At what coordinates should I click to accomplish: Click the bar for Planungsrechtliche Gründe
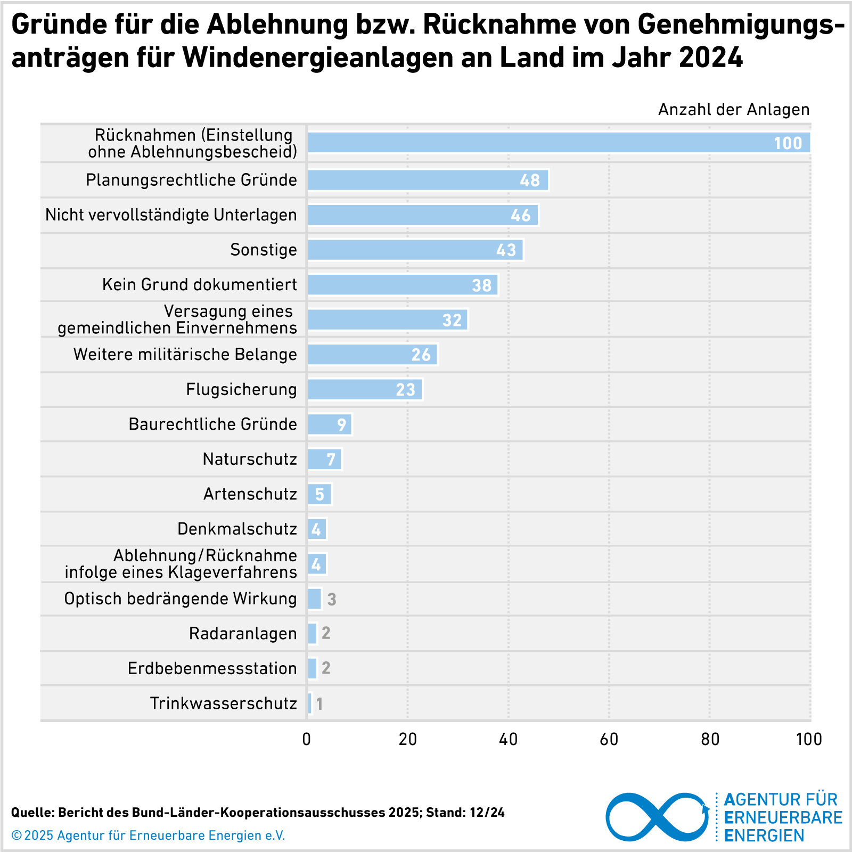[428, 180]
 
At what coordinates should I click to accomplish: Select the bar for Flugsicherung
[365, 389]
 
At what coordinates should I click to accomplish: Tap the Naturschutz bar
[324, 459]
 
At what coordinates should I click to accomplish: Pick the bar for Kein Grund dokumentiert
[403, 285]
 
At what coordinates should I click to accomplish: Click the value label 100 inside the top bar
[788, 143]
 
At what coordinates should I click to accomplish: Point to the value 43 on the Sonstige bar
[506, 250]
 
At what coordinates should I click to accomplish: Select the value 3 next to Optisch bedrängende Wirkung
[332, 600]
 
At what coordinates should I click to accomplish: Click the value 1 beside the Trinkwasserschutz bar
[319, 704]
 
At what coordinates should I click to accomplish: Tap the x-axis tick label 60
[609, 740]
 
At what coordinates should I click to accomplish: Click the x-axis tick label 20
[408, 740]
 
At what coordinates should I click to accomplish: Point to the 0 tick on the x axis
[307, 740]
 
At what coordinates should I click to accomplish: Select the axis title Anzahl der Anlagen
[733, 110]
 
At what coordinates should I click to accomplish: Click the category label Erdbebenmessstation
[212, 668]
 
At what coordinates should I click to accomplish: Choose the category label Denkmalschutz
[237, 529]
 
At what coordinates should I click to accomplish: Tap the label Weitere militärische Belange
[185, 355]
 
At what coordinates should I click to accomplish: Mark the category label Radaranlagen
[243, 634]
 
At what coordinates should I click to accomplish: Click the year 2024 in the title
[711, 58]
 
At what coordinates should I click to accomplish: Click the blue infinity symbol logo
[658, 817]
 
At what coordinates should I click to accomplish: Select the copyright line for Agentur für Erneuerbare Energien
[149, 835]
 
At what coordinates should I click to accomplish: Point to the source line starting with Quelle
[258, 813]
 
